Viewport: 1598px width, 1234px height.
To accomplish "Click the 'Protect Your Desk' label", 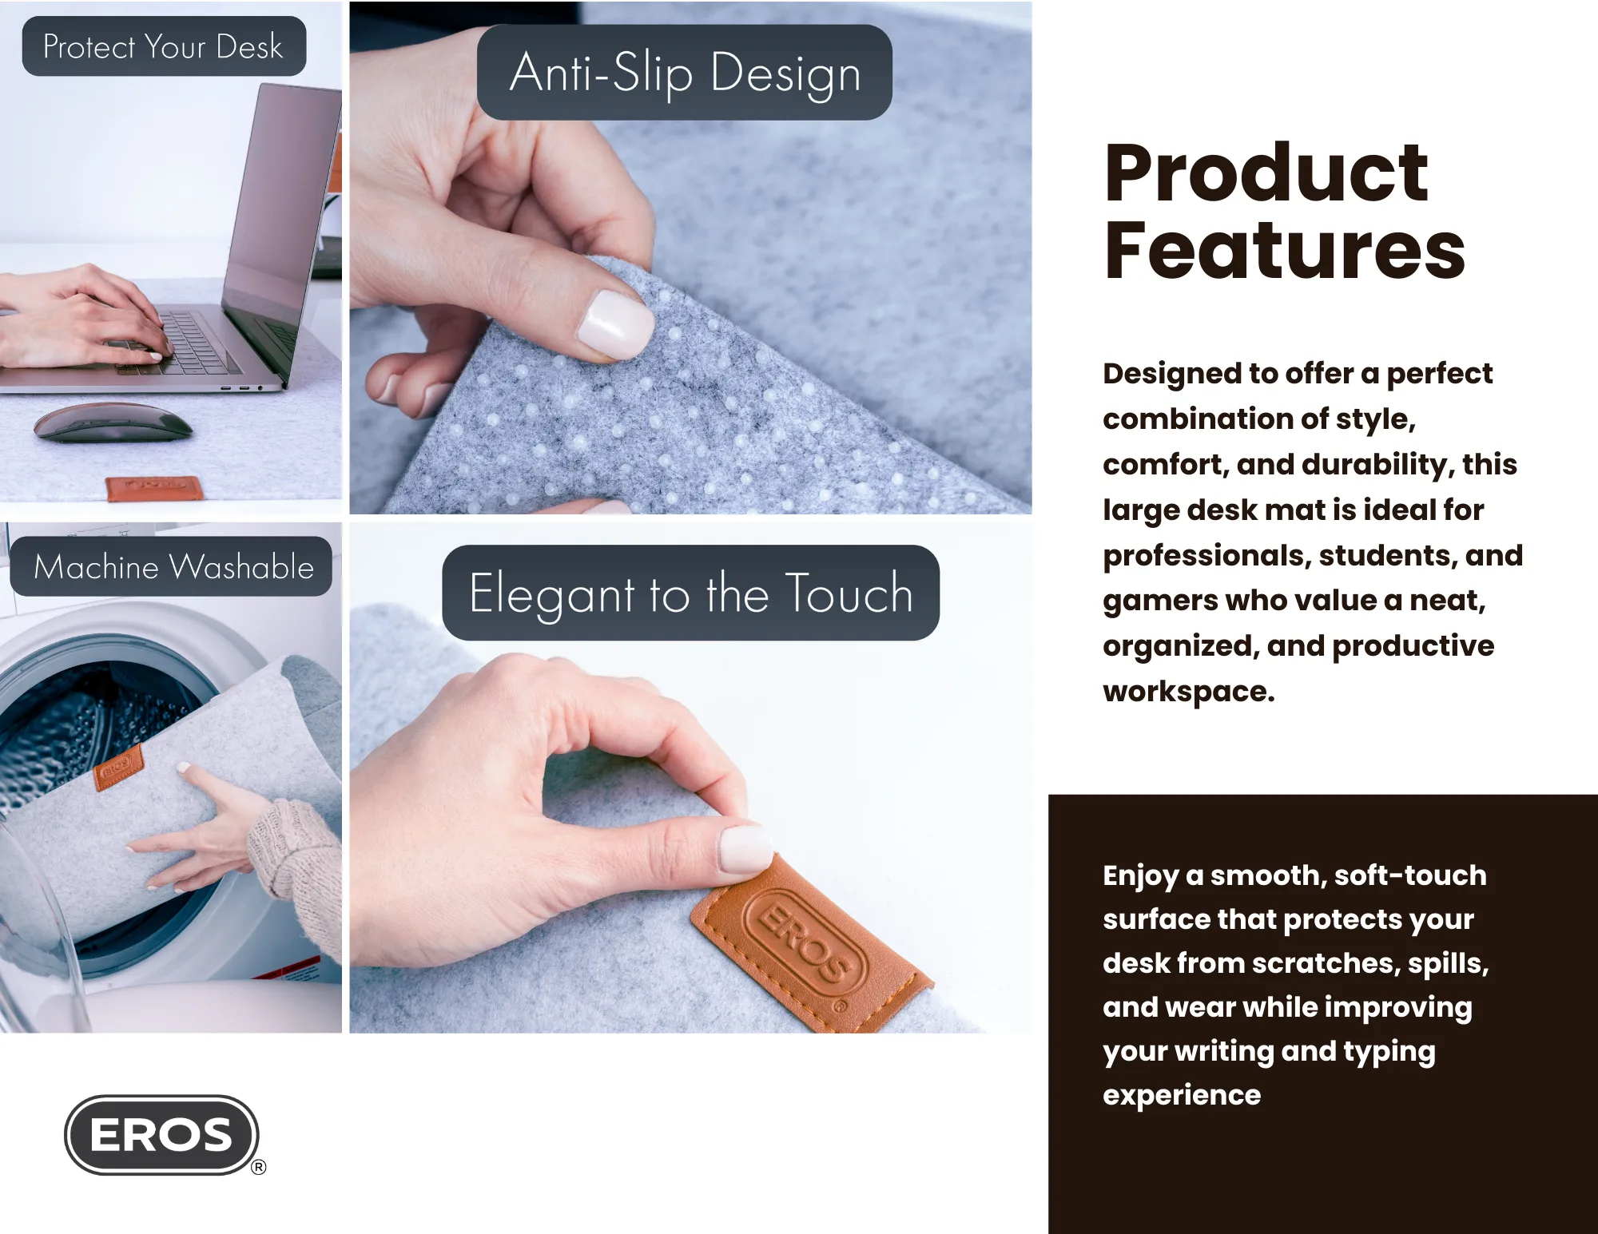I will point(163,46).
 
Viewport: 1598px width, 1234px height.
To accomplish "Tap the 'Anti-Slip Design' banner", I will point(685,73).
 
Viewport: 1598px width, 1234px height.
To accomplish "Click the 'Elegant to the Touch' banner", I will point(690,593).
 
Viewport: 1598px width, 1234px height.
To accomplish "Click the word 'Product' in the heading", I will point(1266,173).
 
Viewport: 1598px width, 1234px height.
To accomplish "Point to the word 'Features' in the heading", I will point(1284,252).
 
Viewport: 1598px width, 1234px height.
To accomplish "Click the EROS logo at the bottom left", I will point(162,1134).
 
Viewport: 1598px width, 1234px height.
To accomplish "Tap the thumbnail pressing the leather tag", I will point(745,849).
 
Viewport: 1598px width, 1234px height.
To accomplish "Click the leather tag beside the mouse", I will point(152,486).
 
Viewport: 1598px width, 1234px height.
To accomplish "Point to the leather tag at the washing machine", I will point(118,768).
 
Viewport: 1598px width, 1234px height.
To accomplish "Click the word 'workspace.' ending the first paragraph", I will point(1188,692).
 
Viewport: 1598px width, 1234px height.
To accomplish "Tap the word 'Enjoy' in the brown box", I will point(1140,876).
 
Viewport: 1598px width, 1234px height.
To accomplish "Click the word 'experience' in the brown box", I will point(1182,1095).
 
